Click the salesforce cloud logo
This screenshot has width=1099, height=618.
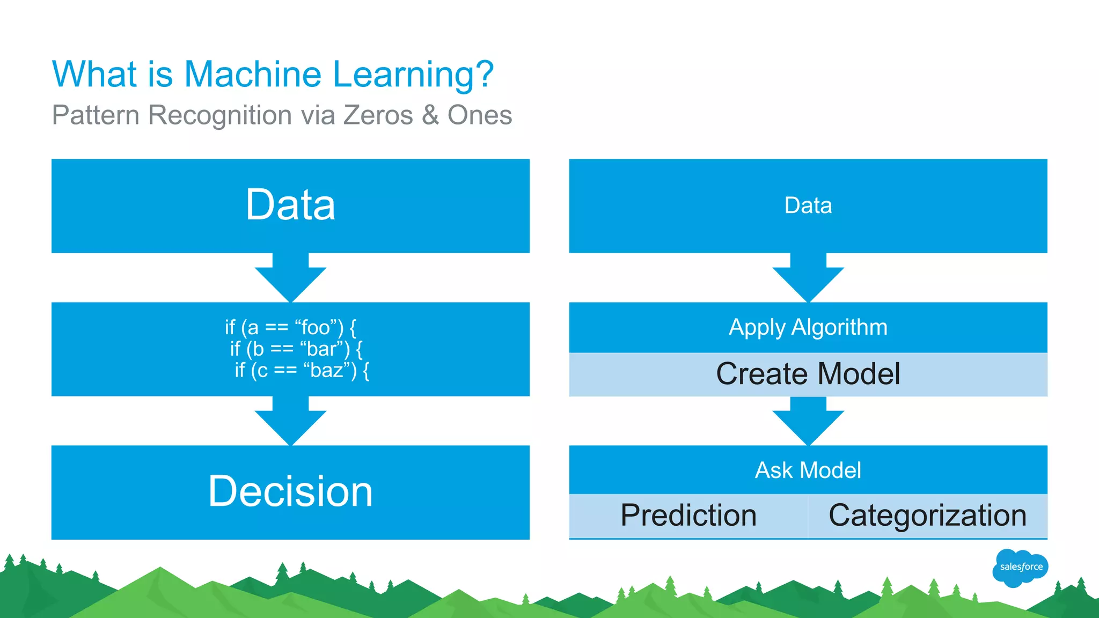(1020, 567)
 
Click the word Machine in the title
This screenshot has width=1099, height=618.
(253, 74)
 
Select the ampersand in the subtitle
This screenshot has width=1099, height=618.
(430, 115)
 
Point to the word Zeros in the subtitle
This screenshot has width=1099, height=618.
(378, 115)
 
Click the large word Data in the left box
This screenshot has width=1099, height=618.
(290, 205)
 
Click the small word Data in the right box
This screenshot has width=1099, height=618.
(808, 205)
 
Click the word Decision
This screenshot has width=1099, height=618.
(290, 491)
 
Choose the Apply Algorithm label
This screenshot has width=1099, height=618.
(808, 327)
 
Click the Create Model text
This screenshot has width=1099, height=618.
(808, 374)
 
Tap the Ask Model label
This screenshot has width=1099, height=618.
(808, 470)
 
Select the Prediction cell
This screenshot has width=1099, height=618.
(688, 516)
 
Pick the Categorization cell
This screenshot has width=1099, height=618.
(927, 516)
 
